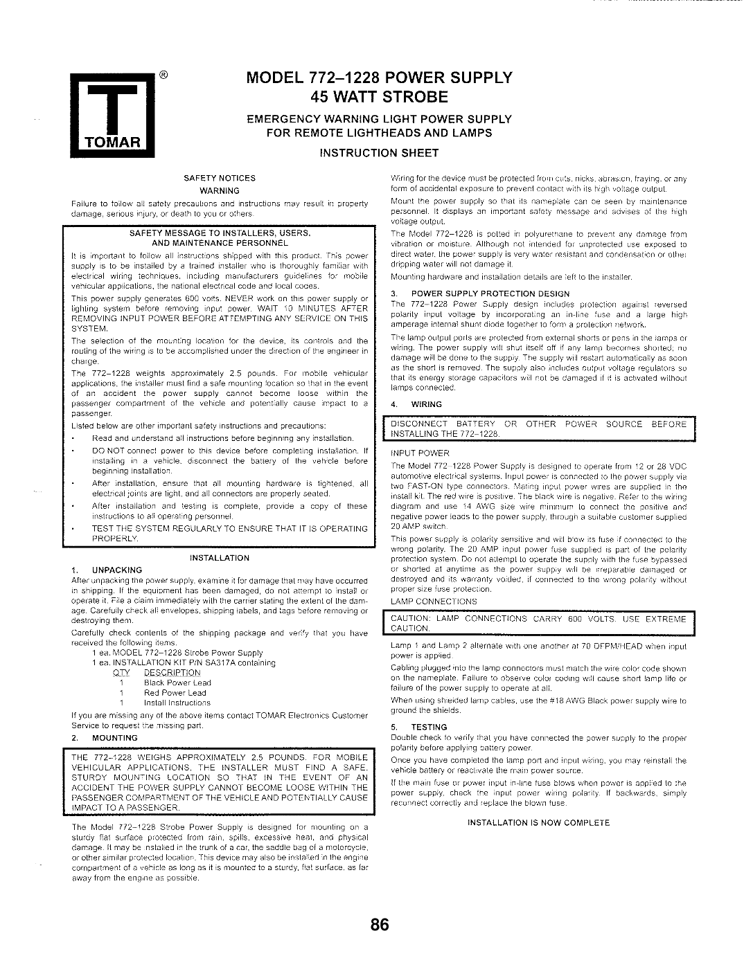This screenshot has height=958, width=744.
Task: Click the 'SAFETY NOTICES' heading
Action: point(220,179)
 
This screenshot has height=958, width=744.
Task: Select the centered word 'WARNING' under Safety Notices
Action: point(220,191)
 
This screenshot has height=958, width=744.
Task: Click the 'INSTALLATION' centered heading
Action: point(220,558)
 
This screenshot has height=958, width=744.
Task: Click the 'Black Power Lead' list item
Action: point(177,683)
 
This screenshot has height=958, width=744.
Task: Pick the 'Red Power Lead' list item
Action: point(175,693)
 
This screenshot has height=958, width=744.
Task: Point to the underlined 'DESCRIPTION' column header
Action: point(172,673)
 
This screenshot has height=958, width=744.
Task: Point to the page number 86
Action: point(380,925)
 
